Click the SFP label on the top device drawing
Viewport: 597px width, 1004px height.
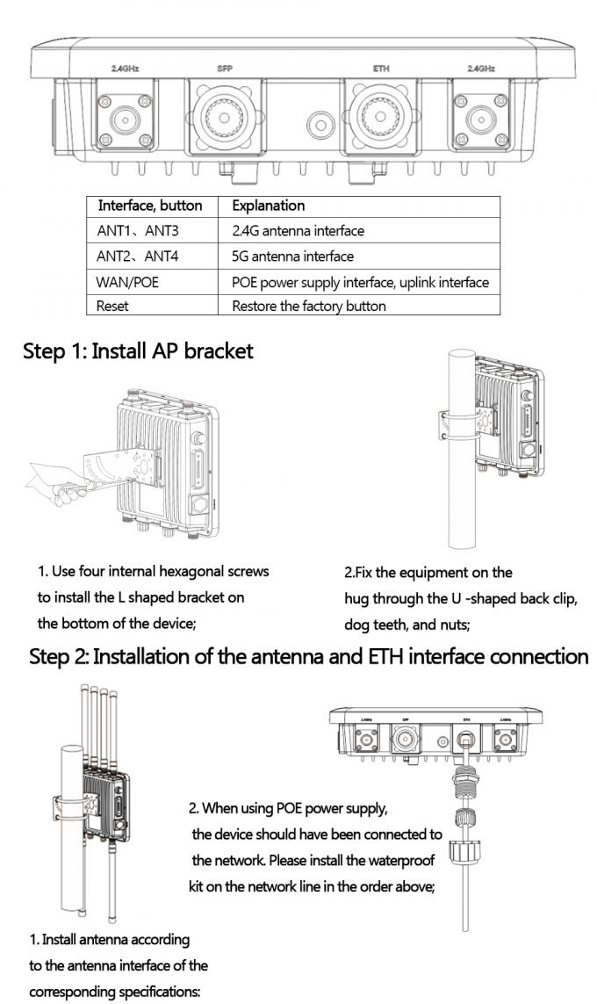(x=225, y=68)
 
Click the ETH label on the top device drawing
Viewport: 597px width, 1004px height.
(x=379, y=68)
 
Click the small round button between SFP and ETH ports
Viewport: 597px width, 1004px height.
(x=321, y=124)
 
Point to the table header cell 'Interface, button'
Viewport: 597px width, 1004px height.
(x=150, y=206)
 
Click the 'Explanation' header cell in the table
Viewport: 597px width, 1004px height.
(x=268, y=206)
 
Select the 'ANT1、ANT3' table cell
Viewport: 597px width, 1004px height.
(x=138, y=231)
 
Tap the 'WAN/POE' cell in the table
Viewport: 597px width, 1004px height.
(x=128, y=282)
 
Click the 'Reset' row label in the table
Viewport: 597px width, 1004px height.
(x=112, y=306)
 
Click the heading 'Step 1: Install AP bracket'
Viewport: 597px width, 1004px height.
(x=138, y=350)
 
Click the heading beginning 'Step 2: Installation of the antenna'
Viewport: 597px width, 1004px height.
(x=308, y=656)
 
